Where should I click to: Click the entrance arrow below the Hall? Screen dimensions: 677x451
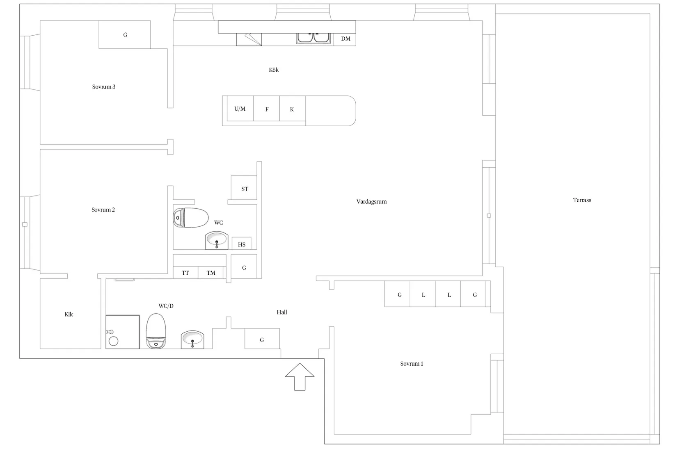pyautogui.click(x=300, y=376)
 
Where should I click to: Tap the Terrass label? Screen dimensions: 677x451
pyautogui.click(x=582, y=200)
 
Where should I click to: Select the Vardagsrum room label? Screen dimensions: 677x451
pyautogui.click(x=371, y=201)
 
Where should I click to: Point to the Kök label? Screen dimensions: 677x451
pyautogui.click(x=274, y=70)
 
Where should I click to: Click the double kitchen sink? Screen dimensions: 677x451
pyautogui.click(x=313, y=38)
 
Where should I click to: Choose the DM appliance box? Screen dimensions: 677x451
pyautogui.click(x=345, y=39)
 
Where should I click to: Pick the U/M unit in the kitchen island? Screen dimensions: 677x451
pyautogui.click(x=240, y=109)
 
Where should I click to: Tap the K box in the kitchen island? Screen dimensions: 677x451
pyautogui.click(x=292, y=109)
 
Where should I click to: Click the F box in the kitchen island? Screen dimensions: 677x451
pyautogui.click(x=266, y=109)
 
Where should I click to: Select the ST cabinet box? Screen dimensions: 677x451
pyautogui.click(x=244, y=187)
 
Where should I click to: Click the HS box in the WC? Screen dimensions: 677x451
pyautogui.click(x=241, y=243)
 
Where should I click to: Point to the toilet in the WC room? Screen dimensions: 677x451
pyautogui.click(x=191, y=217)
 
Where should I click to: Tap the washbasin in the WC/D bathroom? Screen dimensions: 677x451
pyautogui.click(x=192, y=339)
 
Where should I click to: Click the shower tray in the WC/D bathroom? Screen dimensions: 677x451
pyautogui.click(x=122, y=332)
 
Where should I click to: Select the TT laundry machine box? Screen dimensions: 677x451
pyautogui.click(x=185, y=273)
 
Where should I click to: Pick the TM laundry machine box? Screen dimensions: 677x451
pyautogui.click(x=210, y=273)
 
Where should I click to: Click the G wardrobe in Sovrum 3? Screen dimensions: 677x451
pyautogui.click(x=124, y=34)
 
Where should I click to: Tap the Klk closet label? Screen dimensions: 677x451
pyautogui.click(x=69, y=314)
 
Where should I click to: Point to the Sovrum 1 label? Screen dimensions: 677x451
pyautogui.click(x=412, y=364)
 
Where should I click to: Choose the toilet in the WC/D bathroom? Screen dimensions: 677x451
pyautogui.click(x=156, y=331)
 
